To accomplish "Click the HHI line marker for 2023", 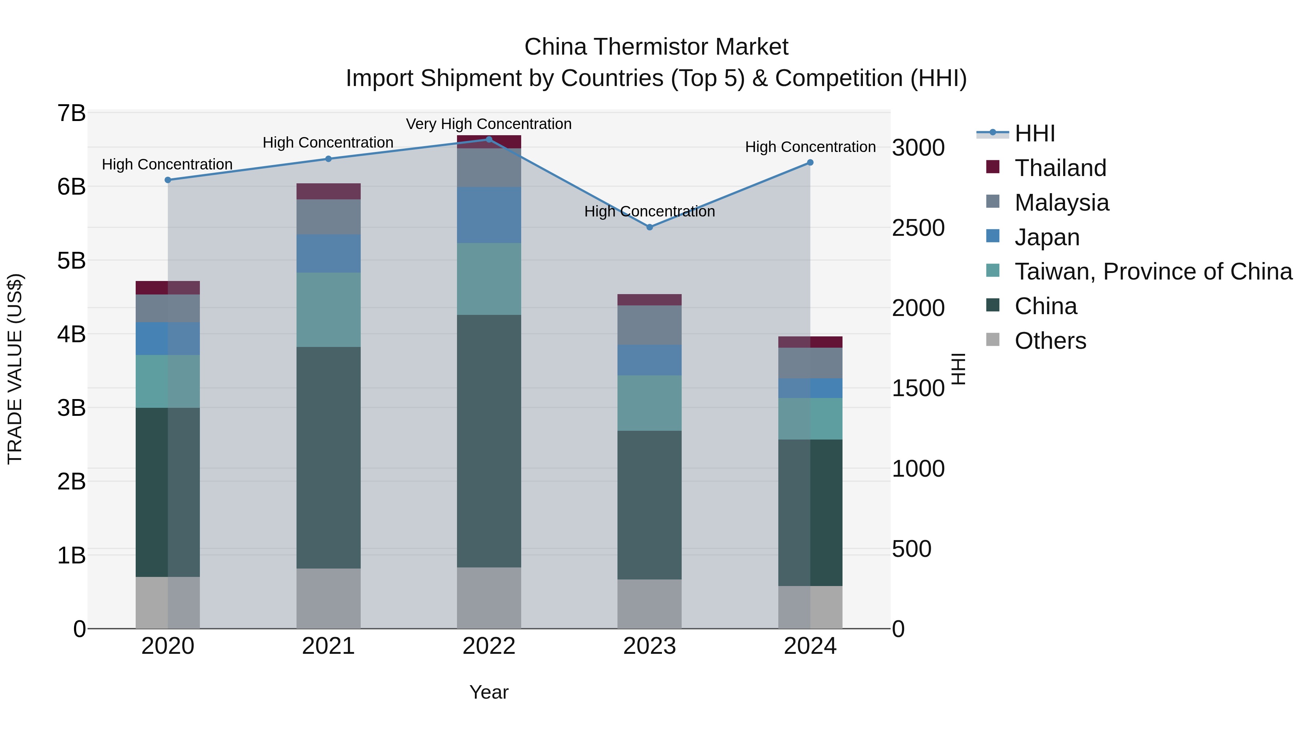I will [649, 227].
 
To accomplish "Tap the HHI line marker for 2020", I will [168, 180].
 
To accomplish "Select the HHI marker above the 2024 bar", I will [810, 163].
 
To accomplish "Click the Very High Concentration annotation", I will [488, 124].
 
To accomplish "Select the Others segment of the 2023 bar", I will [649, 604].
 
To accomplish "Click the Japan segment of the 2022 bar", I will [489, 215].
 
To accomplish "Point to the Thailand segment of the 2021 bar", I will [328, 191].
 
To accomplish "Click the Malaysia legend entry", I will [1061, 203].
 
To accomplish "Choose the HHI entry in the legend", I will [1034, 133].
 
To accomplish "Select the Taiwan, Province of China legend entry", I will [1153, 272].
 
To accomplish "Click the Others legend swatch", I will [993, 340].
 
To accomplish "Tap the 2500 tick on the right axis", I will [918, 228].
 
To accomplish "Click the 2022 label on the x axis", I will [489, 646].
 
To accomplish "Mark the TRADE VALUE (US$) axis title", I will [15, 369].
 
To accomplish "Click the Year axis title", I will [489, 692].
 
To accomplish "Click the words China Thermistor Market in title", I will [656, 47].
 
